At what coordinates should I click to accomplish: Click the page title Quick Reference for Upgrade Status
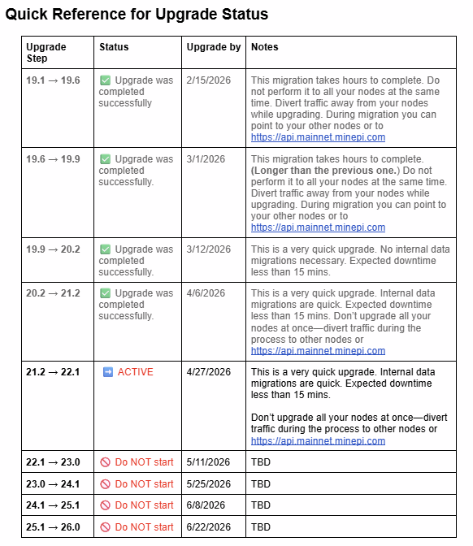(x=137, y=15)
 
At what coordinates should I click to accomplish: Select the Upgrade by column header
(x=213, y=47)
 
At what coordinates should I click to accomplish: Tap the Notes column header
(x=265, y=47)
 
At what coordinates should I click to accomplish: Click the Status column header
(x=114, y=47)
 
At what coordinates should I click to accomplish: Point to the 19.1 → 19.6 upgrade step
(x=53, y=80)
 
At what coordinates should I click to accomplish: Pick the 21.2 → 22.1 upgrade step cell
(x=53, y=372)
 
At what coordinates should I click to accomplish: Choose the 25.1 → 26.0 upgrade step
(x=53, y=527)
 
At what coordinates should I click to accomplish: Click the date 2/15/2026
(x=206, y=80)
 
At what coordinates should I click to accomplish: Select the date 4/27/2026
(x=208, y=372)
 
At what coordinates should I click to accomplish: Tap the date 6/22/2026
(x=208, y=527)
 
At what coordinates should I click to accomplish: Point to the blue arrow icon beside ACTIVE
(x=107, y=372)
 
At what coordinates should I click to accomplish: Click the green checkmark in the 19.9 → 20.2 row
(x=106, y=249)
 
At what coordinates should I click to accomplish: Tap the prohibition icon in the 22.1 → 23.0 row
(x=105, y=462)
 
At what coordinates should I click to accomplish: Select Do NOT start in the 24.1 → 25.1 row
(x=144, y=505)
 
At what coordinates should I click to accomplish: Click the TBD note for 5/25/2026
(x=261, y=483)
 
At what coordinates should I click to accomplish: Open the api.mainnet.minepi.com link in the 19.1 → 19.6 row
(x=318, y=137)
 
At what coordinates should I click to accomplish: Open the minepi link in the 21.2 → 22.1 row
(x=318, y=441)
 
